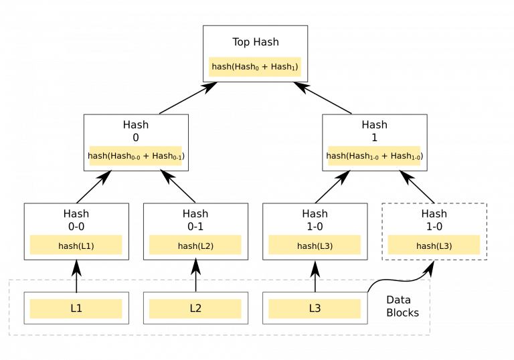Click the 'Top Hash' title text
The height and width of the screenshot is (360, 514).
tap(255, 42)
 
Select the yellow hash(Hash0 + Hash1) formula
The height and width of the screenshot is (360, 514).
tap(255, 67)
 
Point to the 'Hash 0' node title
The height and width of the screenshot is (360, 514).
tap(136, 131)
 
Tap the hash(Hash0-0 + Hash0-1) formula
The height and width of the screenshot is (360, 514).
tap(136, 156)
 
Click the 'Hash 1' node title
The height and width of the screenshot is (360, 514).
tap(374, 131)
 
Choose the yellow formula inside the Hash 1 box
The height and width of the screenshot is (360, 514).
tap(374, 156)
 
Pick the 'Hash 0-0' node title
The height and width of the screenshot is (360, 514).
tap(76, 220)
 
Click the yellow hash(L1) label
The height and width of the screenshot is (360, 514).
tap(76, 246)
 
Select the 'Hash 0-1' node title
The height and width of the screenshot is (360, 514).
tap(195, 220)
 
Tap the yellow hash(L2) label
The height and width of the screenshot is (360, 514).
tap(195, 246)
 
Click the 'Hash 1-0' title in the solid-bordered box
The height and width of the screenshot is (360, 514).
tap(315, 220)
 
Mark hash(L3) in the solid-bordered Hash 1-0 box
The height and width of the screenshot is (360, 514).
tap(315, 246)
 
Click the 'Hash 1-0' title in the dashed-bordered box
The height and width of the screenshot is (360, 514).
tap(434, 220)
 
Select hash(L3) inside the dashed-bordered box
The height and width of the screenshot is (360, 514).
tap(434, 246)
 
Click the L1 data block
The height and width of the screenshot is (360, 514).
tap(76, 308)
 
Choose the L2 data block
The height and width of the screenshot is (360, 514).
tap(195, 308)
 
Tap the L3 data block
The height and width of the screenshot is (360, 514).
tap(315, 308)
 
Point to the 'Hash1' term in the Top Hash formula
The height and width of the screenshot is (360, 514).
tap(283, 67)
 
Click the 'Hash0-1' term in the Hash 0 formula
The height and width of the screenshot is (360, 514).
tap(166, 157)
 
